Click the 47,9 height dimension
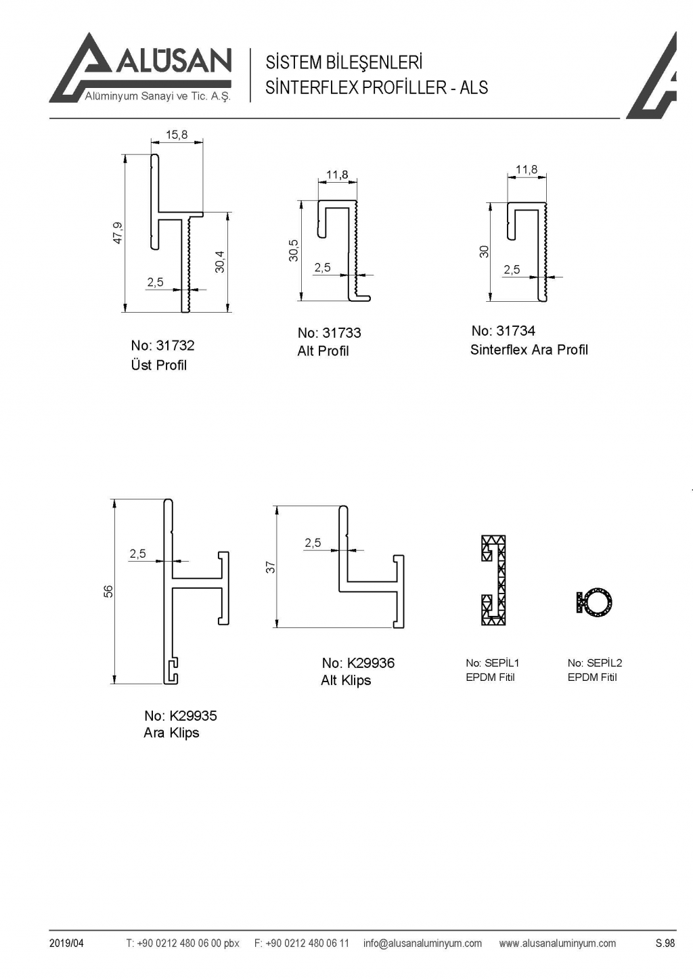pyautogui.click(x=118, y=233)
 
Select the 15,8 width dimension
pyautogui.click(x=177, y=135)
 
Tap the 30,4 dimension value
pyautogui.click(x=220, y=262)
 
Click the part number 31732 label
pyautogui.click(x=162, y=346)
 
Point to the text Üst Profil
pyautogui.click(x=158, y=365)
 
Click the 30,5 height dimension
pyautogui.click(x=294, y=250)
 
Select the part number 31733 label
pyautogui.click(x=329, y=333)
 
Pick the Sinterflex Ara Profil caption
pyautogui.click(x=529, y=350)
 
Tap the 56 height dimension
pyautogui.click(x=108, y=591)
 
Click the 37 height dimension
pyautogui.click(x=270, y=567)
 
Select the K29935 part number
pyautogui.click(x=180, y=716)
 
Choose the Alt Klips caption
pyautogui.click(x=346, y=681)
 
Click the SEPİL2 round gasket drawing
pyautogui.click(x=595, y=602)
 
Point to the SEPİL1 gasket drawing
pyautogui.click(x=494, y=580)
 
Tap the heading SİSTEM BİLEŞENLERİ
pyautogui.click(x=344, y=63)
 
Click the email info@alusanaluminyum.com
pyautogui.click(x=422, y=943)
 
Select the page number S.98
pyautogui.click(x=665, y=943)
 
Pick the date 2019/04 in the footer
pyautogui.click(x=66, y=943)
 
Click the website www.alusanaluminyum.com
pyautogui.click(x=557, y=943)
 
